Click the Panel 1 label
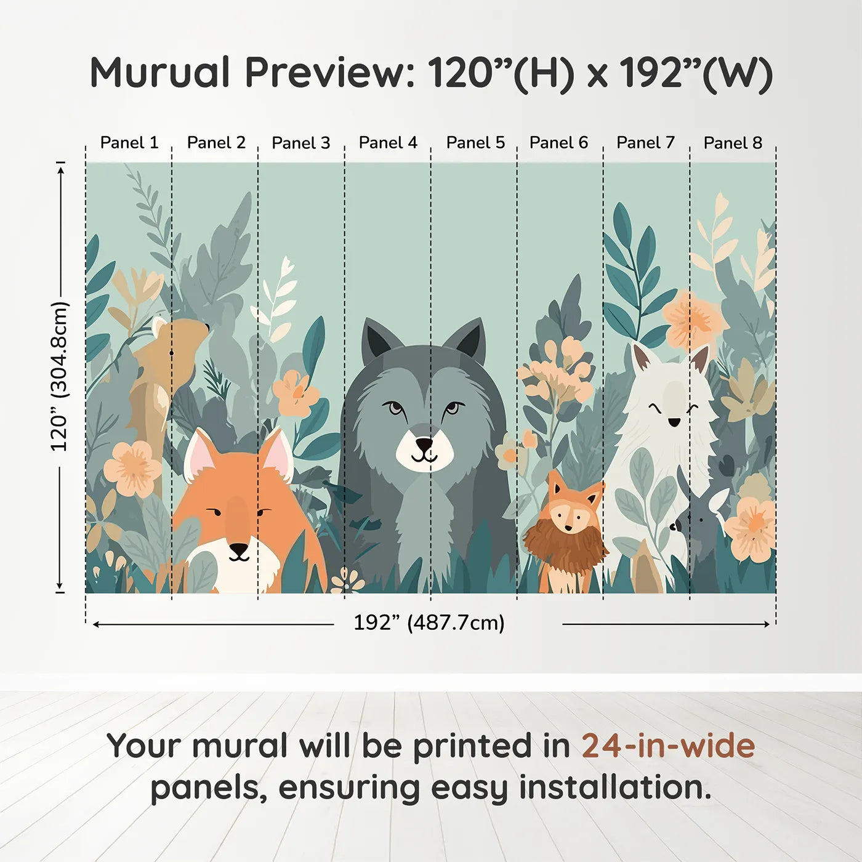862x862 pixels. tap(129, 143)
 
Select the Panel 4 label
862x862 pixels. tap(388, 143)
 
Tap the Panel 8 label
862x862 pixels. tap(733, 143)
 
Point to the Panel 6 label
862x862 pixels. tap(558, 143)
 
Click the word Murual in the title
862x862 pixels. tap(160, 73)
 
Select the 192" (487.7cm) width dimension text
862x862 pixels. tap(429, 622)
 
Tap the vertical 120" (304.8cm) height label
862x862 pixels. tap(60, 376)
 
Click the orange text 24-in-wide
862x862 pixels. tap(668, 746)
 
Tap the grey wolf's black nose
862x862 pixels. tap(424, 443)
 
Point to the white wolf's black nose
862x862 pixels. tap(675, 422)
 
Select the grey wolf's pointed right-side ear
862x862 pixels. tap(468, 339)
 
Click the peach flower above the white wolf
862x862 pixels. tap(693, 320)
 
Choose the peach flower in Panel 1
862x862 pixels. tap(132, 469)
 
